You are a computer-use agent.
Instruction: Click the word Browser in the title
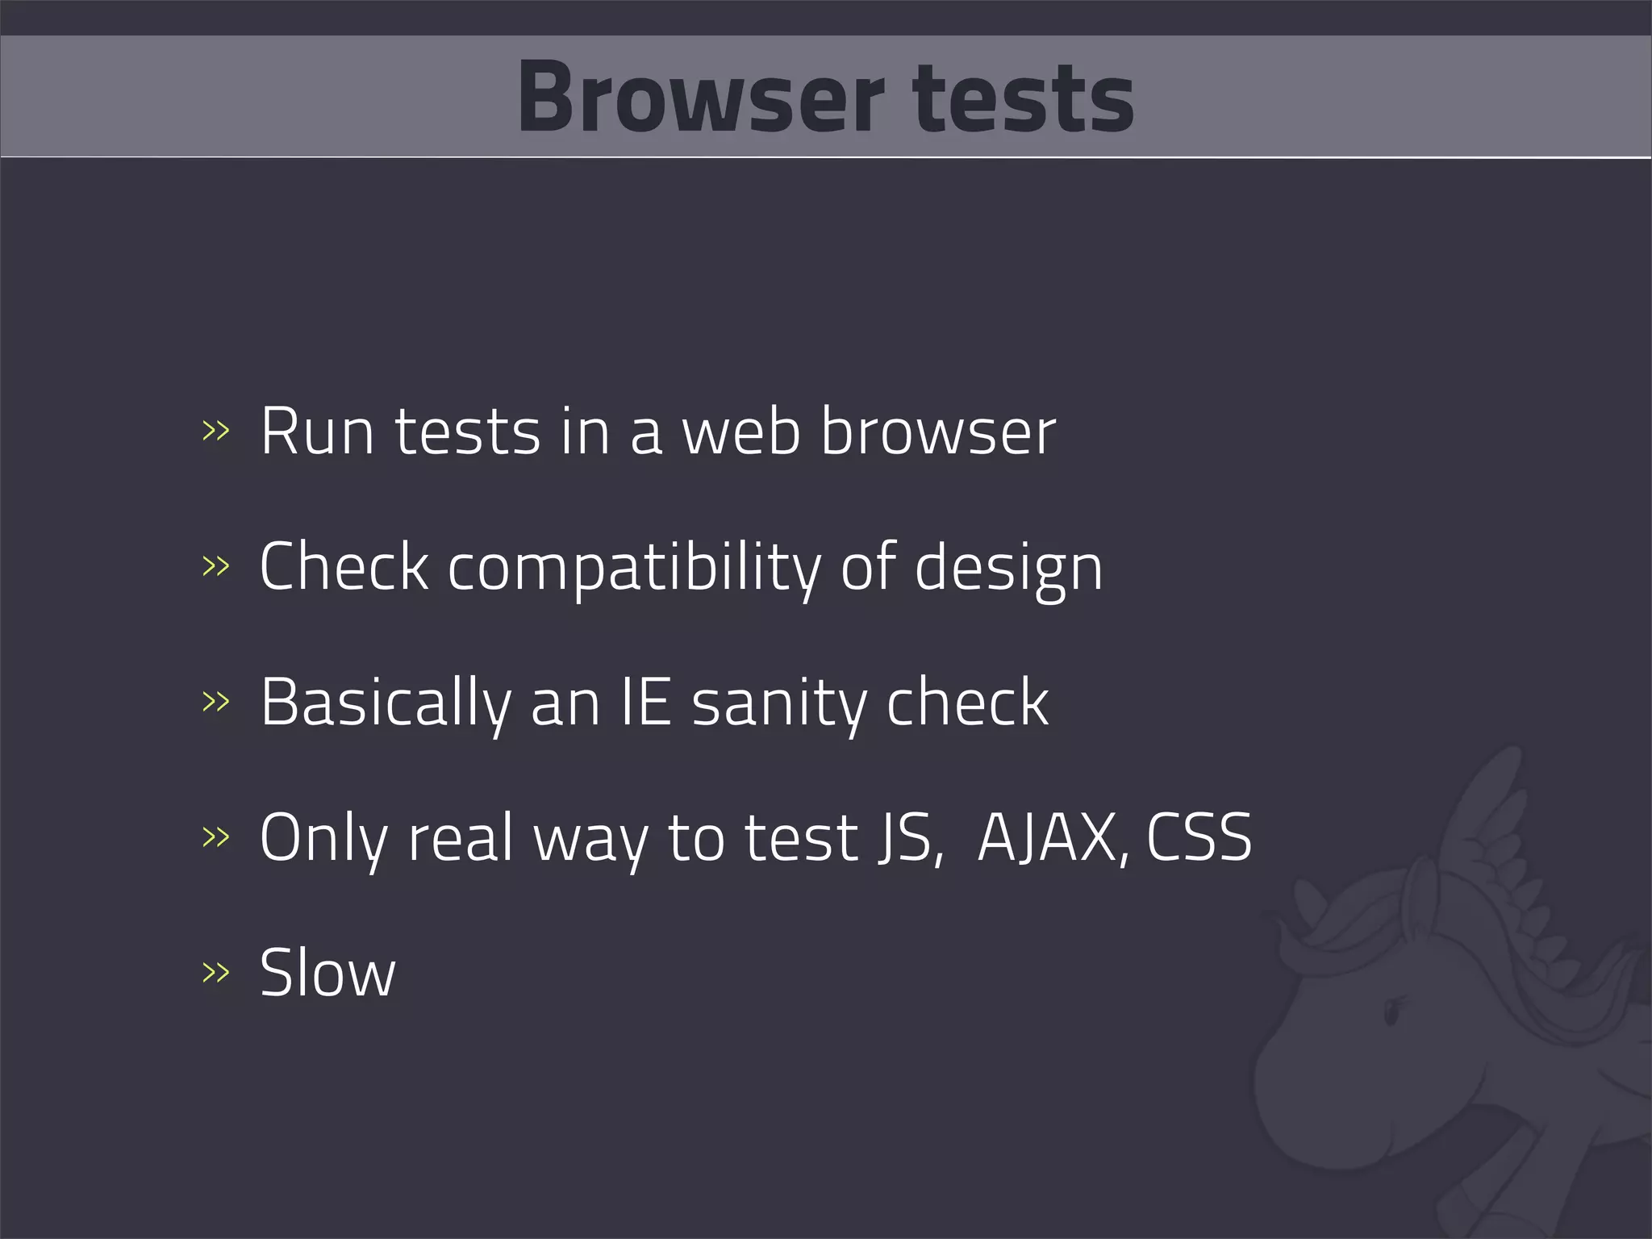click(x=700, y=98)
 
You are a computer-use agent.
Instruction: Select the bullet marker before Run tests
click(x=215, y=432)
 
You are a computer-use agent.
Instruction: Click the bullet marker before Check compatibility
click(x=215, y=566)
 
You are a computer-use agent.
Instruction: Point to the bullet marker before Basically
click(x=215, y=701)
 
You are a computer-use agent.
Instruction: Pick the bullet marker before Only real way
click(x=215, y=836)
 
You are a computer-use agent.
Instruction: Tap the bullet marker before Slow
click(x=215, y=972)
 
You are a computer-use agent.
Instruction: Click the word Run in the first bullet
click(x=317, y=432)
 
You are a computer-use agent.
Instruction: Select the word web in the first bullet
click(x=741, y=432)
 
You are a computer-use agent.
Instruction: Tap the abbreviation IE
click(x=646, y=703)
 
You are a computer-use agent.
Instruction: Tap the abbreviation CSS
click(x=1199, y=837)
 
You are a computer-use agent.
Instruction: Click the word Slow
click(x=327, y=973)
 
